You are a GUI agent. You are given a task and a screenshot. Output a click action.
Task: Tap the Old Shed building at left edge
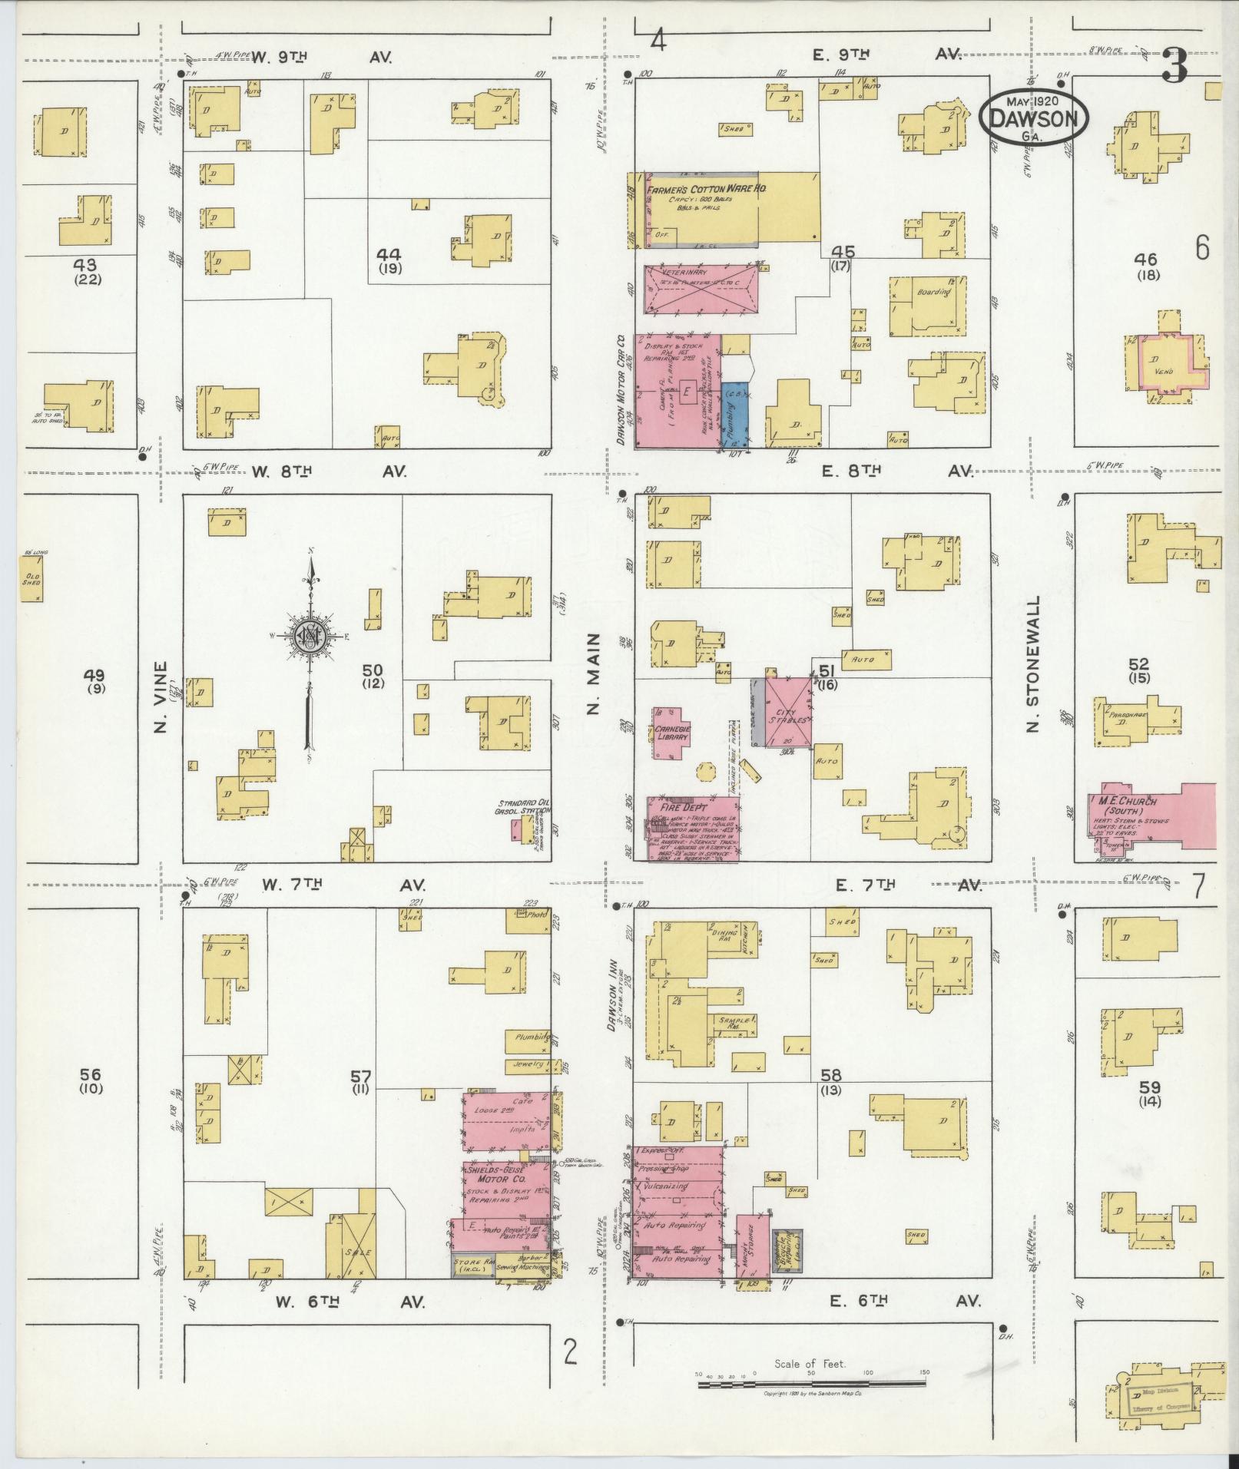pos(31,578)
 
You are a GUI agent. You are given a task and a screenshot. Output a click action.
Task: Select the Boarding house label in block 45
pos(933,292)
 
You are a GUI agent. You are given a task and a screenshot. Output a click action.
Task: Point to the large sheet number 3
pos(1174,65)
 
